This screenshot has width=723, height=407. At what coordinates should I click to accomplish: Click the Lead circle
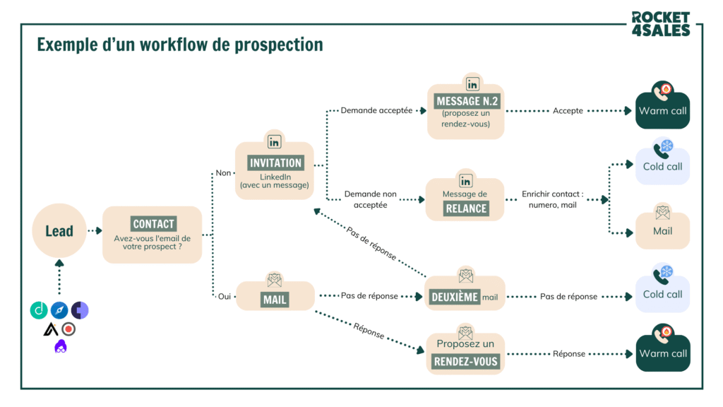(x=59, y=231)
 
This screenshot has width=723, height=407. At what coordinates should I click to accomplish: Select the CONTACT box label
(x=153, y=224)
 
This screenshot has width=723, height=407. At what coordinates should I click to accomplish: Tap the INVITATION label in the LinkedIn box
(x=275, y=163)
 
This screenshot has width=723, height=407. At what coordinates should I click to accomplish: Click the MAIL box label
(x=275, y=300)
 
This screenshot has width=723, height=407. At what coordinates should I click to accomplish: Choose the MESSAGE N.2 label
(x=467, y=101)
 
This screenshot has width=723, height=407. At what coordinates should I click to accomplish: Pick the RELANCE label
(x=466, y=208)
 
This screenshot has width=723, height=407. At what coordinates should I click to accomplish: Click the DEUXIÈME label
(x=455, y=297)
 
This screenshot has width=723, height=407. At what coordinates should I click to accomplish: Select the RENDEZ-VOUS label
(x=466, y=361)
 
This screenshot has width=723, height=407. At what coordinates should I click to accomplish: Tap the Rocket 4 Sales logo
(x=660, y=23)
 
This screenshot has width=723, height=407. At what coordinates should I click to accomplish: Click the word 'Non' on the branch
(x=224, y=173)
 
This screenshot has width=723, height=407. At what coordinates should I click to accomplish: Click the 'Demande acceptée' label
(x=376, y=111)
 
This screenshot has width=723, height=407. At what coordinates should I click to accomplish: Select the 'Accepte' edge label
(x=568, y=111)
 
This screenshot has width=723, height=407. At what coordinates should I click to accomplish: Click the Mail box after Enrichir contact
(x=662, y=231)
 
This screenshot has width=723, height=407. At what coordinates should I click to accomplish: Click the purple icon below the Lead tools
(x=61, y=346)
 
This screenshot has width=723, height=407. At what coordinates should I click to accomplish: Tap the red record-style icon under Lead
(x=68, y=329)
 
